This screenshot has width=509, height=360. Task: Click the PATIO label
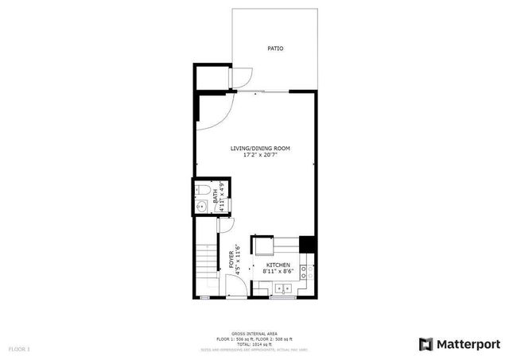pyautogui.click(x=275, y=48)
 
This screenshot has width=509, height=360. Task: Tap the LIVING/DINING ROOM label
pyautogui.click(x=260, y=149)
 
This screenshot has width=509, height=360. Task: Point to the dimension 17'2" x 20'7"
pyautogui.click(x=260, y=156)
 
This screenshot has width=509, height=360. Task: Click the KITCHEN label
pyautogui.click(x=278, y=265)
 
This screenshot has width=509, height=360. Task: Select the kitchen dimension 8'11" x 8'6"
pyautogui.click(x=278, y=272)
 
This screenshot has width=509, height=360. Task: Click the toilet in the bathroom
pyautogui.click(x=202, y=191)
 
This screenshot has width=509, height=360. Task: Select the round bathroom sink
pyautogui.click(x=202, y=207)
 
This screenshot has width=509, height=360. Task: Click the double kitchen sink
pyautogui.click(x=282, y=289)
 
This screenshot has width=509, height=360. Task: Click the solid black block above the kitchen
pyautogui.click(x=308, y=243)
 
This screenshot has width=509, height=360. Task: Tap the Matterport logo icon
pyautogui.click(x=426, y=343)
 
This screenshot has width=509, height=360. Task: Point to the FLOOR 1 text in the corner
pyautogui.click(x=19, y=349)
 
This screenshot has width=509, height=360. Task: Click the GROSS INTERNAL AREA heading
pyautogui.click(x=254, y=333)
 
